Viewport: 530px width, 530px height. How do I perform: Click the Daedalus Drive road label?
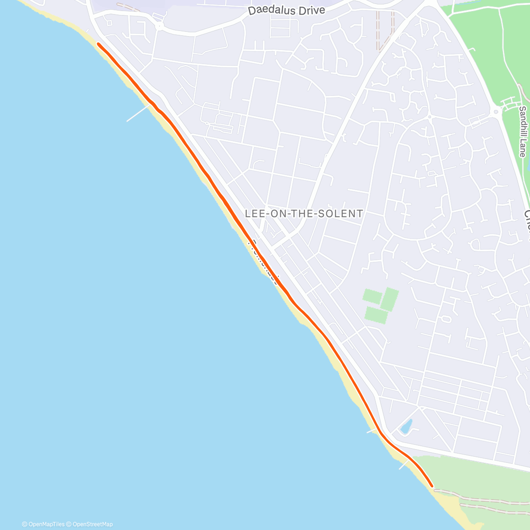point(286,11)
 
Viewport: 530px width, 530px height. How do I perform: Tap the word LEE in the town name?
point(256,214)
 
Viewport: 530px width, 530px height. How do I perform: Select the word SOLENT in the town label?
point(344,214)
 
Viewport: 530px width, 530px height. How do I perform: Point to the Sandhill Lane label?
point(522,132)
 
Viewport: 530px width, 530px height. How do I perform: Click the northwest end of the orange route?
point(98,44)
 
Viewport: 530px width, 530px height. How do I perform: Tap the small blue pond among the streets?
point(406,426)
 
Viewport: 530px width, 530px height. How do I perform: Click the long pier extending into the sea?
point(138,114)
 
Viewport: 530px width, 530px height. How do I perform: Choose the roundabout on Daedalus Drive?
point(159,26)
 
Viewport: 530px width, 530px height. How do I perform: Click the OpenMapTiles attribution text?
point(43,524)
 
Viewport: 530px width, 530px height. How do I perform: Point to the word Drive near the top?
point(311,10)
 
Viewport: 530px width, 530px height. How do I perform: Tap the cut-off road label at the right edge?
point(526,225)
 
